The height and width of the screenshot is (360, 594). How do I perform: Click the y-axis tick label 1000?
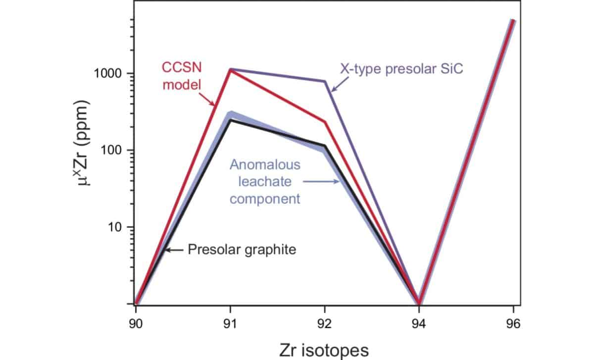109,74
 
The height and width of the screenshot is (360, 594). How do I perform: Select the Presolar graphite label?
242,250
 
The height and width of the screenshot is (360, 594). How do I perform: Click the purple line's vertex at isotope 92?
325,81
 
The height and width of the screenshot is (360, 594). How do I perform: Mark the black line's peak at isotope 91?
230,120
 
